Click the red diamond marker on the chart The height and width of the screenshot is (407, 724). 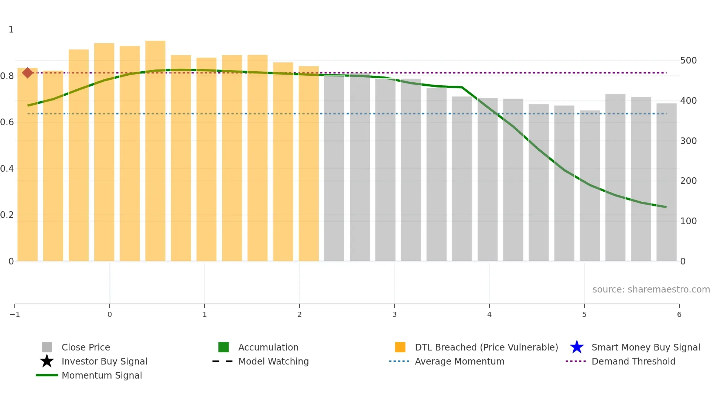(x=27, y=73)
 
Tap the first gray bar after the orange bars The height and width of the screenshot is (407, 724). (x=334, y=168)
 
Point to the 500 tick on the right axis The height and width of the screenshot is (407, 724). (x=688, y=61)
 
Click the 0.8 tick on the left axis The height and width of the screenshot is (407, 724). (x=7, y=76)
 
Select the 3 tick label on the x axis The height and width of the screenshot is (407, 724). (x=394, y=314)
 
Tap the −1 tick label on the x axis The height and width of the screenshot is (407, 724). (x=15, y=314)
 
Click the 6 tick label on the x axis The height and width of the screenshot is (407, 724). (x=679, y=314)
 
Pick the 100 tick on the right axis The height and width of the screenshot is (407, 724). (x=688, y=221)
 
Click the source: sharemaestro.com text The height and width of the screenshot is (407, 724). (x=651, y=290)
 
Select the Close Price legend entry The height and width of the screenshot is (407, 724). (x=86, y=347)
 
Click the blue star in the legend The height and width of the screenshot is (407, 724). (x=577, y=347)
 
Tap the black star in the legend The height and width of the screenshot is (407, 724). (x=47, y=361)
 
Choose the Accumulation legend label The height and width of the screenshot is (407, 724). (x=268, y=347)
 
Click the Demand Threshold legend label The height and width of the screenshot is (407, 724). (x=633, y=361)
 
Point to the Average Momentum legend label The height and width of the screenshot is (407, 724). (x=460, y=361)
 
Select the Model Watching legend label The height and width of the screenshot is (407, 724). (x=273, y=361)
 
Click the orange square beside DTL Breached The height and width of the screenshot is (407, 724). (x=400, y=347)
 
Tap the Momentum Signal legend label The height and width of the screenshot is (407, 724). (x=102, y=375)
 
